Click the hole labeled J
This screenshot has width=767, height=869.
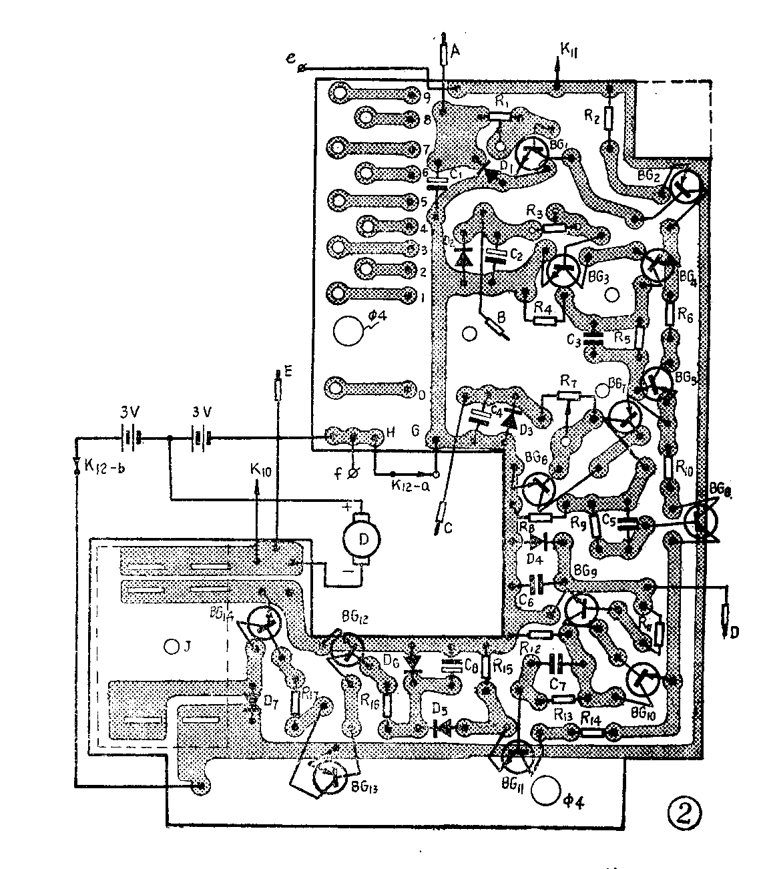point(171,646)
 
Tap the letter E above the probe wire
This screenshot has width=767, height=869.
point(288,372)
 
